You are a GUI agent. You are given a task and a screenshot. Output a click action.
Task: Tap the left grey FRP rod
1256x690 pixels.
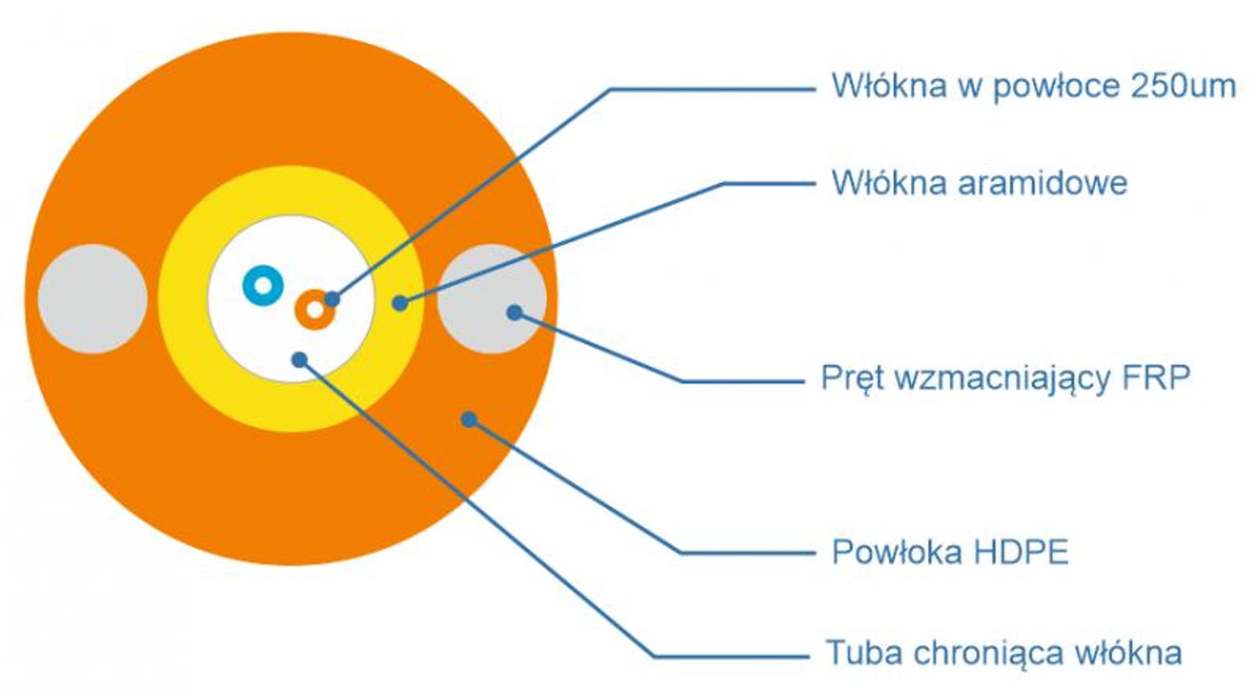[x=92, y=299]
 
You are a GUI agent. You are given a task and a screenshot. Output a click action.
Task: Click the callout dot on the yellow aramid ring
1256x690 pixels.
[x=400, y=303]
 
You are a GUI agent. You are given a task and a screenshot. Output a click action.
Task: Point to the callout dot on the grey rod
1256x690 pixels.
[x=515, y=312]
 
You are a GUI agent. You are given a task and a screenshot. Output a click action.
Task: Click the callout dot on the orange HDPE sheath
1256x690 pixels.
[x=469, y=419]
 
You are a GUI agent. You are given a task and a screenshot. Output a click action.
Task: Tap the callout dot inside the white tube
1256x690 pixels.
[x=300, y=359]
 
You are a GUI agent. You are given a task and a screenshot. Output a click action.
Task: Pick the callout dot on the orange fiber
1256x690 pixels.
[x=332, y=299]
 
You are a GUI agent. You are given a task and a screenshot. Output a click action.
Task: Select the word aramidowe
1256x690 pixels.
[x=1043, y=183]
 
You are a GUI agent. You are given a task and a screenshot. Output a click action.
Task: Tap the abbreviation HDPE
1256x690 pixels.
[x=1021, y=552]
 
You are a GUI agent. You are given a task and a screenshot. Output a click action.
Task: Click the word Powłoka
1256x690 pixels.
[x=899, y=552]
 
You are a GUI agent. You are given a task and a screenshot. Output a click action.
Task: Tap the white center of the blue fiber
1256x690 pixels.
[x=263, y=285]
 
